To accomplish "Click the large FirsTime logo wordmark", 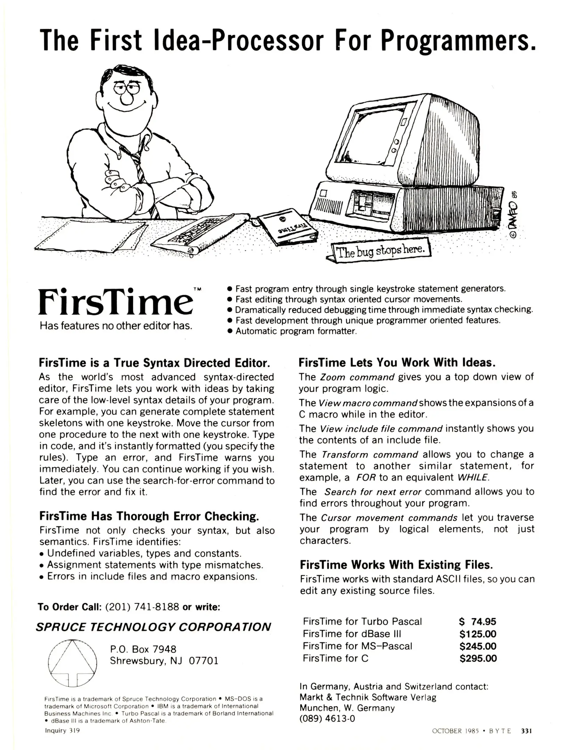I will click(x=115, y=302).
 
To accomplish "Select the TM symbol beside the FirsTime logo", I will click(x=197, y=289).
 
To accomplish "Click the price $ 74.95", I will click(x=478, y=622).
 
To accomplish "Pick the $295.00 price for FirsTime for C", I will click(x=478, y=658).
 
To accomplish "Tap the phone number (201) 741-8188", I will click(x=142, y=607).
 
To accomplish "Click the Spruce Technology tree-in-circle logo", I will click(x=72, y=663).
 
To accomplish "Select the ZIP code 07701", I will click(x=203, y=660).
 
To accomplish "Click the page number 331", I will click(x=526, y=731).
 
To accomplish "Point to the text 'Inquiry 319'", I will click(x=62, y=731).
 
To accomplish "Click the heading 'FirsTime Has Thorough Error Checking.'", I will click(x=149, y=516).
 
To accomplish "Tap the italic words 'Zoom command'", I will click(x=357, y=377).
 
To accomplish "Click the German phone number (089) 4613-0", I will click(x=327, y=718).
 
